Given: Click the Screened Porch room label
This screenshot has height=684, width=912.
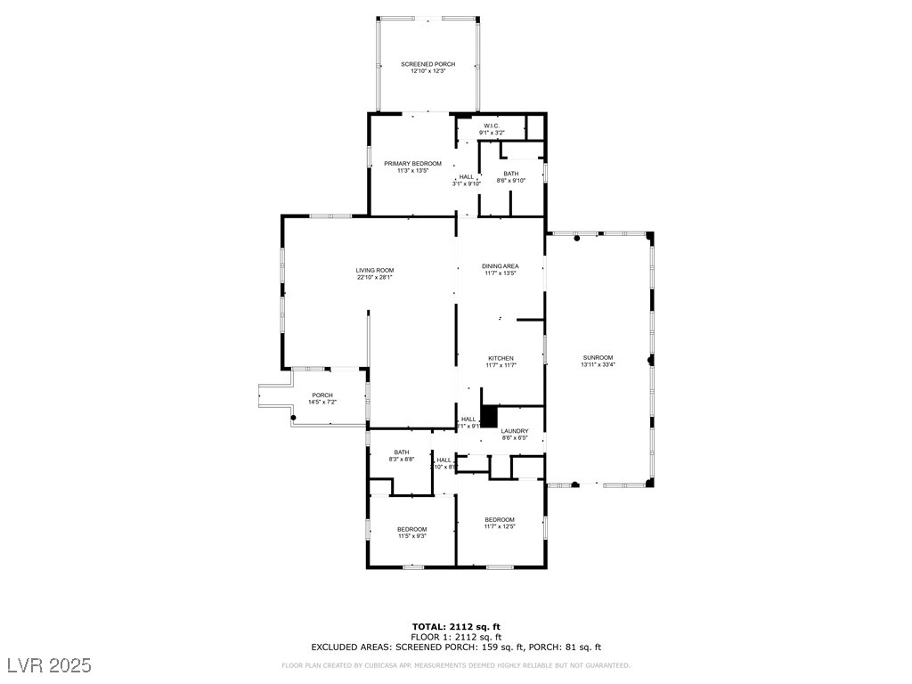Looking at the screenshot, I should click(x=427, y=64).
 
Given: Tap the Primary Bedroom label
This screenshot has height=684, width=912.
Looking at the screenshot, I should click(x=412, y=164).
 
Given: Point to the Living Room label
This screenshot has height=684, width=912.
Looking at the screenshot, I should click(x=375, y=270).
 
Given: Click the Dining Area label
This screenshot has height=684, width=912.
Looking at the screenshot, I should click(x=500, y=266).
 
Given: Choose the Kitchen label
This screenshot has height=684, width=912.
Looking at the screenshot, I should click(x=500, y=358).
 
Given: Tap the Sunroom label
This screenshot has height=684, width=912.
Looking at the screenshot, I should click(x=598, y=357).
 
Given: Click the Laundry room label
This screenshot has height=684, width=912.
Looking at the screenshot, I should click(x=515, y=431).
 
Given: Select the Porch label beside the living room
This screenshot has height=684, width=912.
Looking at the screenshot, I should click(x=322, y=395).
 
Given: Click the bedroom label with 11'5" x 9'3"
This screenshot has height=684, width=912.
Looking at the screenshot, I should click(x=411, y=529).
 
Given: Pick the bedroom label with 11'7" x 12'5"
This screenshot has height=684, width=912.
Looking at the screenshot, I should click(x=499, y=520).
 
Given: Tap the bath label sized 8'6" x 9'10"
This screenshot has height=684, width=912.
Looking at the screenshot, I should click(x=510, y=174).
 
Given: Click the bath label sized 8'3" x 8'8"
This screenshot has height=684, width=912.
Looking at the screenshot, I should click(x=402, y=452).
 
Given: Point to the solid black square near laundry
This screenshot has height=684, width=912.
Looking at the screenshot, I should click(x=488, y=417).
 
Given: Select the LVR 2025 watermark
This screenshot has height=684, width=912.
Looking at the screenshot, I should click(x=50, y=665).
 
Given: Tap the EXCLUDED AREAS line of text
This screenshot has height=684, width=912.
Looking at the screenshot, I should click(x=455, y=647).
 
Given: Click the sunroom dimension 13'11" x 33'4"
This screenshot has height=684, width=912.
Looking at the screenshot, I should click(x=598, y=364).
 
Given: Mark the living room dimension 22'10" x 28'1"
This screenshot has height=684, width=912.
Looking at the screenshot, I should click(x=375, y=277).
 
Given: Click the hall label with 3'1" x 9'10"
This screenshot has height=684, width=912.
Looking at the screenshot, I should click(x=467, y=180).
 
